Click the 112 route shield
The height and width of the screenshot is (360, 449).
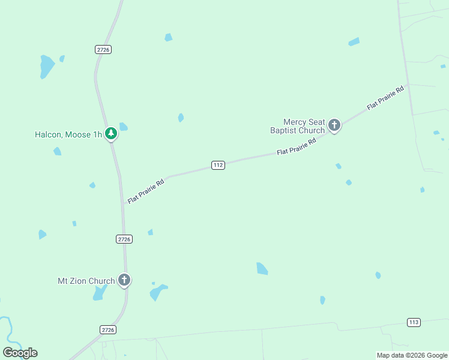coord(218,165)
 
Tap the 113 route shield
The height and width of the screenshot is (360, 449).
coord(414,322)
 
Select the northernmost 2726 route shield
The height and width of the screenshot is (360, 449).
coord(103,50)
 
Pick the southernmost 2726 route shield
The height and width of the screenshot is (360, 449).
coord(108,329)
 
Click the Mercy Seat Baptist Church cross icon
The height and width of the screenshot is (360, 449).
coord(334,125)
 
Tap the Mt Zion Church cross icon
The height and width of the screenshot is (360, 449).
coord(124,280)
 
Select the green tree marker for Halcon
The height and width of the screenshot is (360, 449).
coord(110,133)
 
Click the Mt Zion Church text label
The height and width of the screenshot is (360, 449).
coord(86,281)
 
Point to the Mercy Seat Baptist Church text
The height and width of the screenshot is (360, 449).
coord(297,126)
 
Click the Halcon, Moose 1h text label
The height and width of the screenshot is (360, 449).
coord(68,134)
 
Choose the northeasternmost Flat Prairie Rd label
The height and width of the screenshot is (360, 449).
coord(385,97)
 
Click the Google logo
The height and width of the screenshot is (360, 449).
coord(20,353)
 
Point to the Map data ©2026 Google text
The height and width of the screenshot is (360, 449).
coord(412,355)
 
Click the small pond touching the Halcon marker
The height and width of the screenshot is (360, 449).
coord(123,127)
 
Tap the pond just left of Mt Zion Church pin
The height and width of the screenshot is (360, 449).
coord(99,293)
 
